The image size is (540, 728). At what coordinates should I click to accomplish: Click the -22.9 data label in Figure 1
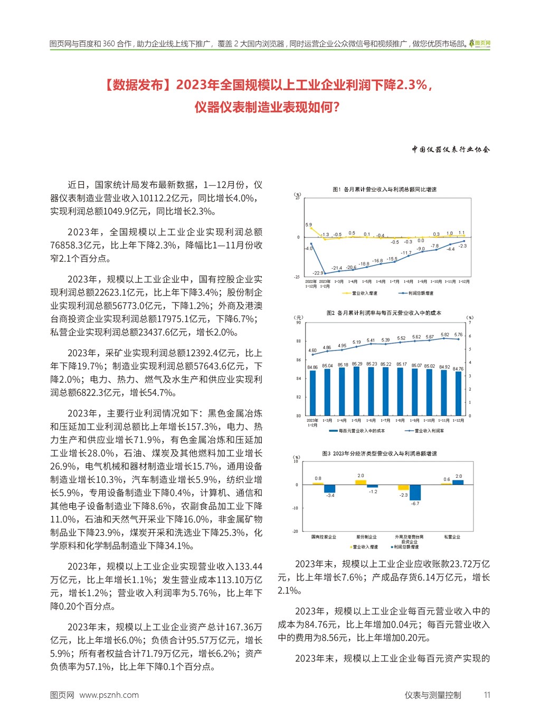click(x=318, y=273)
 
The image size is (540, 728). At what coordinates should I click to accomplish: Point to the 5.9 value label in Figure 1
click(x=308, y=225)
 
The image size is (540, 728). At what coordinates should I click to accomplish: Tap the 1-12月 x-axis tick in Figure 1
click(x=464, y=282)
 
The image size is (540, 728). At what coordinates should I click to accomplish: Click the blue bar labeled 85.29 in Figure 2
click(x=357, y=391)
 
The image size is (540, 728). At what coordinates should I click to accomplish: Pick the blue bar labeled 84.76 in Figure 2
click(x=458, y=394)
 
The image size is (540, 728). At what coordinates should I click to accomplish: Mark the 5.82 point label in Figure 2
click(x=445, y=335)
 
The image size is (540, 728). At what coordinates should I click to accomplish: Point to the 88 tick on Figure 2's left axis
click(x=299, y=341)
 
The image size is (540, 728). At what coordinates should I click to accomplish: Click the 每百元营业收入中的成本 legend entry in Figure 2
click(x=357, y=431)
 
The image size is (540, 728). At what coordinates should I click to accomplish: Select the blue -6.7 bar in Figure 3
click(x=415, y=493)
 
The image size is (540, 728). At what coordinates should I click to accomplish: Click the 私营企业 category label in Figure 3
click(x=452, y=537)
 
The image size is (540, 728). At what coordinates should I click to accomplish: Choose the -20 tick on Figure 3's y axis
click(x=296, y=532)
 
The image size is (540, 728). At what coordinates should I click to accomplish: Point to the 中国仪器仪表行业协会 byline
click(x=451, y=149)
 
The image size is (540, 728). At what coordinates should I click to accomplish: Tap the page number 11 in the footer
click(x=487, y=695)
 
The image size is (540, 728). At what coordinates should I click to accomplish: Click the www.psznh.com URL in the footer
click(x=109, y=695)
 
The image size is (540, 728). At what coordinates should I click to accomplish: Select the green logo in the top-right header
click(x=480, y=43)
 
